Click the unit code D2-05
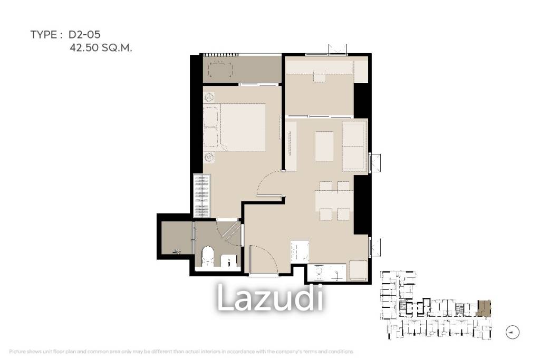pyautogui.click(x=84, y=35)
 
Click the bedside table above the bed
pyautogui.click(x=209, y=98)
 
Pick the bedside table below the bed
pyautogui.click(x=209, y=157)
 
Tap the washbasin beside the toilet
pyautogui.click(x=228, y=260)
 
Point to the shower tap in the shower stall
pyautogui.click(x=177, y=252)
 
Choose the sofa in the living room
pyautogui.click(x=354, y=146)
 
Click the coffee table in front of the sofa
pyautogui.click(x=325, y=146)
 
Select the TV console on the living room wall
pyautogui.click(x=291, y=146)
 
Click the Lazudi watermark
pyautogui.click(x=270, y=298)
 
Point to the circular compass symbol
pyautogui.click(x=512, y=332)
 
